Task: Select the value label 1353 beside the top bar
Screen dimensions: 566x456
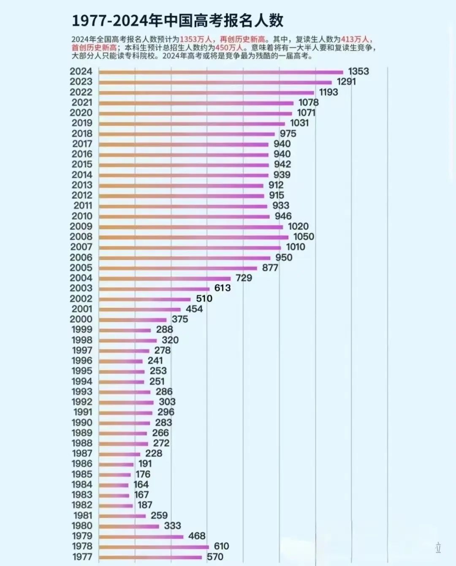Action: (x=358, y=71)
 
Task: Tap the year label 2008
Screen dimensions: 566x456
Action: (x=81, y=237)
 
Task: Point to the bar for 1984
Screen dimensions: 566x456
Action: (x=114, y=485)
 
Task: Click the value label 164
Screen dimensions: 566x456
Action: (x=141, y=484)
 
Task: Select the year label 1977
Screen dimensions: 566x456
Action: (x=82, y=557)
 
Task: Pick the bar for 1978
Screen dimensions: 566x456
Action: (x=154, y=547)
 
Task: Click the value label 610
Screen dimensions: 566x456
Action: (x=221, y=546)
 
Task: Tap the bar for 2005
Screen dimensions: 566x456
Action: (x=178, y=268)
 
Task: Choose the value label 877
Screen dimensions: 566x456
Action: (x=270, y=268)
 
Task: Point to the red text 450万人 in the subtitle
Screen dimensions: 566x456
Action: (x=229, y=48)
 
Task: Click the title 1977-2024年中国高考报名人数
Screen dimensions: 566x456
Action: (x=177, y=20)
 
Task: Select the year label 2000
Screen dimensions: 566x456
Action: (x=81, y=319)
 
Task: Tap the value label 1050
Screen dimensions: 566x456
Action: (x=304, y=237)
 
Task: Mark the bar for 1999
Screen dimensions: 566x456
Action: (x=125, y=330)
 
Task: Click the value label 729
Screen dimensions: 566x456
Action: (x=244, y=278)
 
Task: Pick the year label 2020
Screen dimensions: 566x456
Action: (x=81, y=113)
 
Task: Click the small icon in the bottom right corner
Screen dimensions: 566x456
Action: (x=438, y=548)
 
